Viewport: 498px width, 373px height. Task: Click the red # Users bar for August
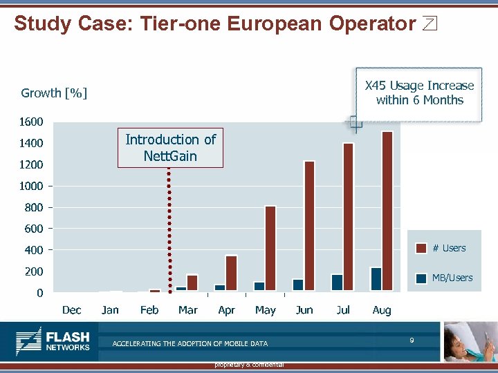coord(387,211)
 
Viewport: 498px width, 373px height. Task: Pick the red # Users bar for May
coord(270,248)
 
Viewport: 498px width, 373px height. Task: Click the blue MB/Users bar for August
coord(376,279)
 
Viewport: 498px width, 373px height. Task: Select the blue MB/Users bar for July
coord(337,283)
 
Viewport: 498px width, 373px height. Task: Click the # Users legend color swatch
coord(421,248)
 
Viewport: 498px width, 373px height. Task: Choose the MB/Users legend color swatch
coord(421,278)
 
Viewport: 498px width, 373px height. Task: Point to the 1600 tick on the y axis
coord(32,122)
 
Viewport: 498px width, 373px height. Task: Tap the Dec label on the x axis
coord(71,310)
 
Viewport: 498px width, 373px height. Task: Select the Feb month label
coord(149,310)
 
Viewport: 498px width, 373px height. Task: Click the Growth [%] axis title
coord(54,93)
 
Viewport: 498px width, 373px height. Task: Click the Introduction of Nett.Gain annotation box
coord(170,148)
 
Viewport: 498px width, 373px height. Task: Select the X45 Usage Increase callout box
coord(419,93)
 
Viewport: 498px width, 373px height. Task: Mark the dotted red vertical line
coord(169,228)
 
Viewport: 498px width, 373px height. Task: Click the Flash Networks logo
coord(53,341)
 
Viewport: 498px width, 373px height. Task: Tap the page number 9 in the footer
coord(412,340)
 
